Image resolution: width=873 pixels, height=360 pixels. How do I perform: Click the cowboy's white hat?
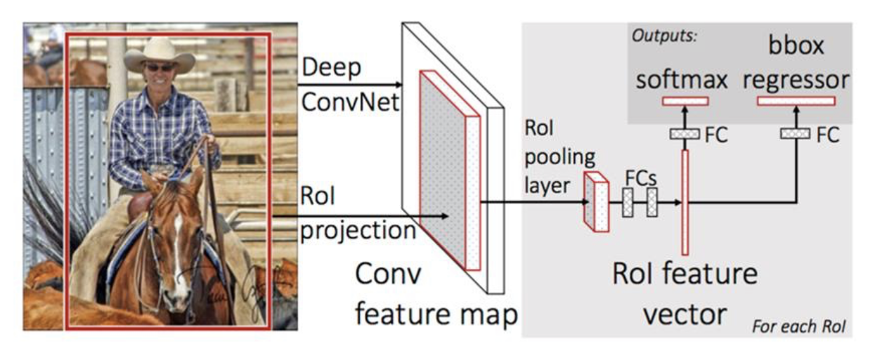click(159, 53)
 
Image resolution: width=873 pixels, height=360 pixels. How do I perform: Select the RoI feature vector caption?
click(685, 293)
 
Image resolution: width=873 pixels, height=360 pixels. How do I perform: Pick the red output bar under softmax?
click(685, 100)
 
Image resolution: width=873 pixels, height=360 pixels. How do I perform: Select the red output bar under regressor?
click(796, 100)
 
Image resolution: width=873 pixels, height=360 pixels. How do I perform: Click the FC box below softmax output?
click(685, 134)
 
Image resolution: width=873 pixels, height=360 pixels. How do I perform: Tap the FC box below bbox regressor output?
click(795, 134)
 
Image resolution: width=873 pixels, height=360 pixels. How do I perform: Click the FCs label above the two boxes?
click(640, 176)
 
